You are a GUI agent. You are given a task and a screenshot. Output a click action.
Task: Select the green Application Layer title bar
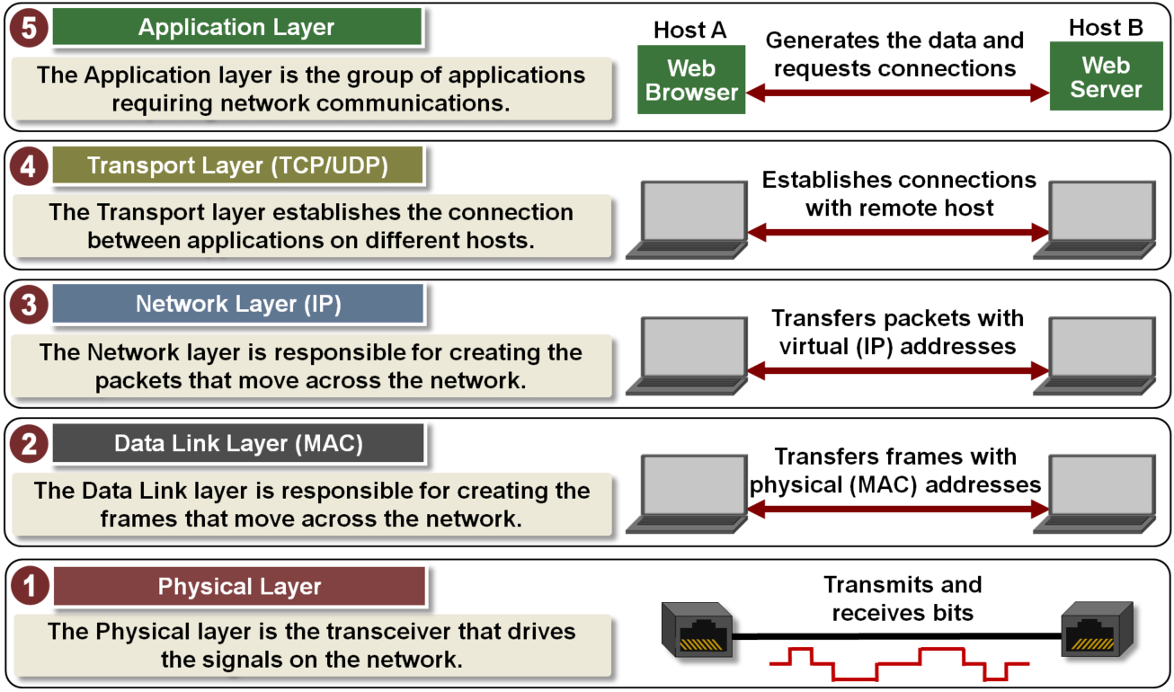click(236, 28)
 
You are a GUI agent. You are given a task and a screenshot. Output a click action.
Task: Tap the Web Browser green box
click(691, 80)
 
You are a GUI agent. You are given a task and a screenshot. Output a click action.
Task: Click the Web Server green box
click(1105, 78)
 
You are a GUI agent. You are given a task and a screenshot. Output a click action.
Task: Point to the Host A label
click(690, 29)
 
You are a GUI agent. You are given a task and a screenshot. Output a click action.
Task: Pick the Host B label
click(1106, 28)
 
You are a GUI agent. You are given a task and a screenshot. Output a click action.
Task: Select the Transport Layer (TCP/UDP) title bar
click(236, 166)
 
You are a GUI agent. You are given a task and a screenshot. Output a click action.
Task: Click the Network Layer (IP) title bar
click(236, 305)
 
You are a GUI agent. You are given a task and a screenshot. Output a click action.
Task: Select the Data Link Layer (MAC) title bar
click(236, 443)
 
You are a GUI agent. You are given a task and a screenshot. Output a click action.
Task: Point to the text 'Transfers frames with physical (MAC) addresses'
click(895, 471)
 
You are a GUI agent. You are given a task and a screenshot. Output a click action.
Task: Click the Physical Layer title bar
click(238, 587)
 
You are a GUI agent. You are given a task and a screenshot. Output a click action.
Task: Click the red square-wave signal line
click(899, 664)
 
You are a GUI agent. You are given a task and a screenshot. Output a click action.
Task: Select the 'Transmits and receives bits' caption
click(903, 599)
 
